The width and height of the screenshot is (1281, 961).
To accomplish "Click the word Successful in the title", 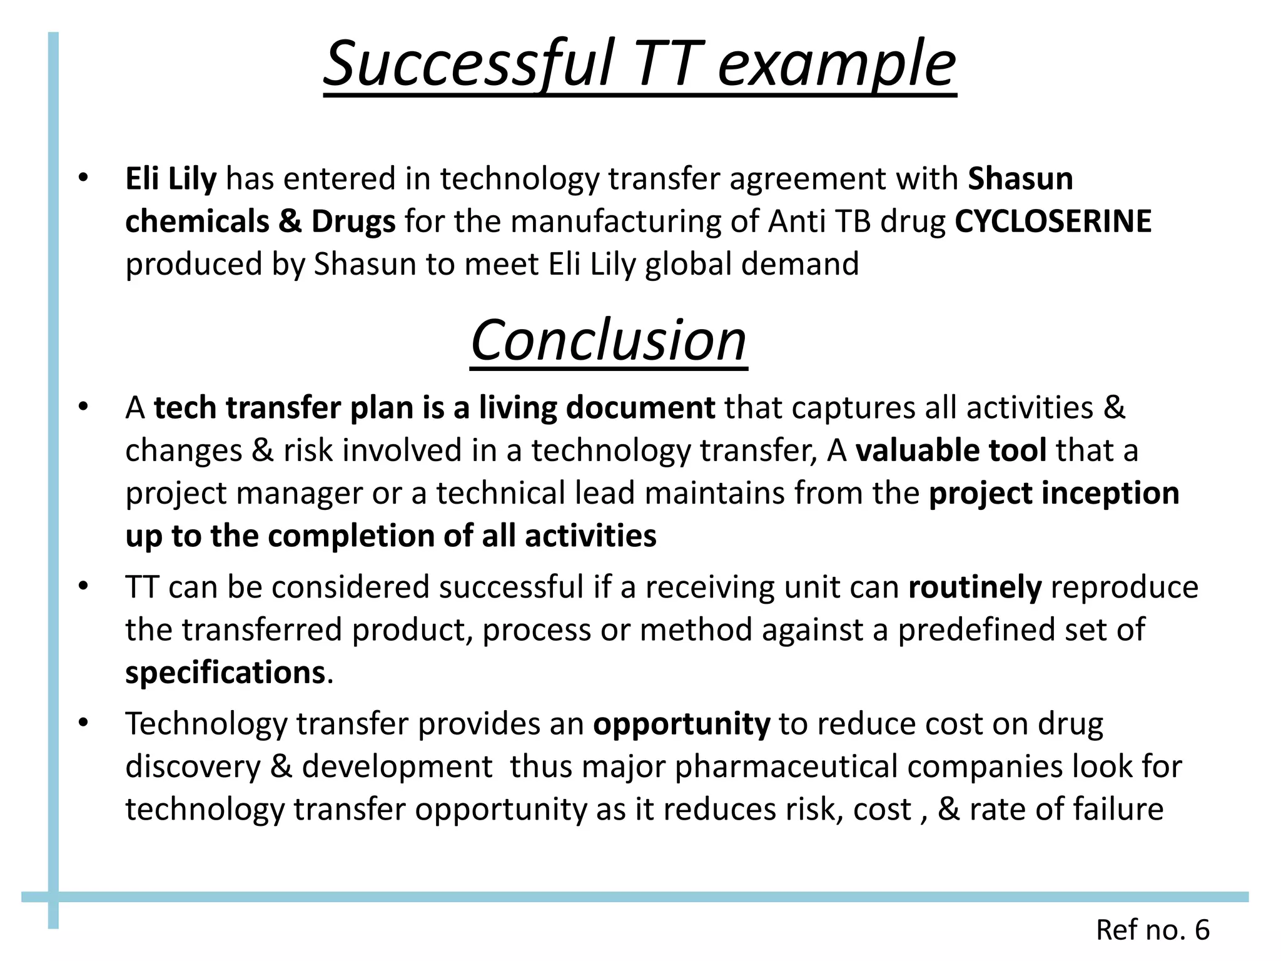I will tap(469, 64).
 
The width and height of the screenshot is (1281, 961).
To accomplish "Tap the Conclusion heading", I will tap(609, 341).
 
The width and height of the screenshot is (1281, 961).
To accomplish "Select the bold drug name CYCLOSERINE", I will tap(1053, 221).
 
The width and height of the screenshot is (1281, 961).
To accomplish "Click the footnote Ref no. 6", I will tap(1152, 930).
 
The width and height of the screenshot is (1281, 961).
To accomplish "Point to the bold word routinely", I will tap(975, 587).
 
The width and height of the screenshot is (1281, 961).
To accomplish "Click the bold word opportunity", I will tap(681, 724).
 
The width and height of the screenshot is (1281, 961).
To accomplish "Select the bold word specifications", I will tap(225, 673).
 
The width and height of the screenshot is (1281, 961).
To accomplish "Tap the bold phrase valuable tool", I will tap(951, 450).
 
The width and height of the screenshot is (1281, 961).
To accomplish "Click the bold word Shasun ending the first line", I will tap(1020, 179).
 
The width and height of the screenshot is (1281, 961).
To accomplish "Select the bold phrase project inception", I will tap(1054, 493).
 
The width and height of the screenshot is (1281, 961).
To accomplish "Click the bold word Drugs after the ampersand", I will tap(353, 221).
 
